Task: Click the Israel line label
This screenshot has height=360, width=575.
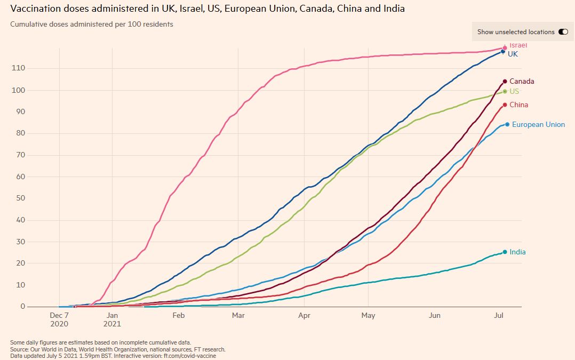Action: pos(518,45)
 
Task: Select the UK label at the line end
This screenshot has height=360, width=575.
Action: pos(513,54)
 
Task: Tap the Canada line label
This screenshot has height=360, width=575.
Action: pos(522,82)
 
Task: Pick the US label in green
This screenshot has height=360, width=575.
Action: pos(514,91)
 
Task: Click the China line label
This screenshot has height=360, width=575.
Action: pos(518,105)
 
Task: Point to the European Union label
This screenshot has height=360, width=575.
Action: pos(538,125)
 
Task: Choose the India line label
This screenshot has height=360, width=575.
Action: pos(517,252)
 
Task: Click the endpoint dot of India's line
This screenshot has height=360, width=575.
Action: pos(505,252)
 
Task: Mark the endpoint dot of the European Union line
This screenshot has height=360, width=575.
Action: pos(507,124)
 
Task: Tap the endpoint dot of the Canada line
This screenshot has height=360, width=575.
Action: pos(505,82)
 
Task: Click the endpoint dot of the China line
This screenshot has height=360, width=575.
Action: pos(505,105)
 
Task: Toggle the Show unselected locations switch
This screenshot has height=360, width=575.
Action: pos(563,32)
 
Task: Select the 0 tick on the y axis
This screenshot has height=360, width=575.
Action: pos(23,307)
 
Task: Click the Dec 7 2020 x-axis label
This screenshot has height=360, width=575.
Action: pos(59,319)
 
